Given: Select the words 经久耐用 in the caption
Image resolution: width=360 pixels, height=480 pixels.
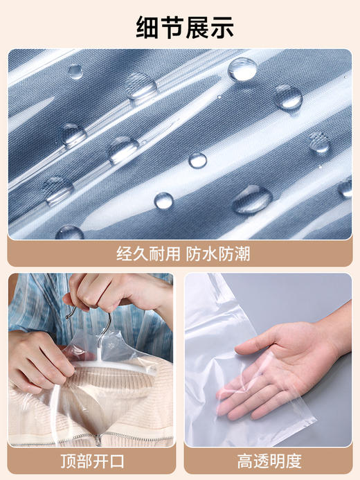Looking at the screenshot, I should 145,254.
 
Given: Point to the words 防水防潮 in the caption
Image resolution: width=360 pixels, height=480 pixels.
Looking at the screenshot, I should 217,254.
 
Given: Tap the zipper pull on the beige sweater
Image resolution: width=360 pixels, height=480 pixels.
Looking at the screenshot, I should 99,438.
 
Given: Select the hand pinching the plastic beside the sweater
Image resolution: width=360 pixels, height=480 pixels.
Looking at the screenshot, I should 38,360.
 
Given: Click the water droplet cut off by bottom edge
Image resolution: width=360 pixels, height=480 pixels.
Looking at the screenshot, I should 70,233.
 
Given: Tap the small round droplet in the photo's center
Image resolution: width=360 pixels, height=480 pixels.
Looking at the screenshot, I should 197,160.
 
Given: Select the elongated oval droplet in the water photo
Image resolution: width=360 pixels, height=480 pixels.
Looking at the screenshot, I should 251,199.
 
